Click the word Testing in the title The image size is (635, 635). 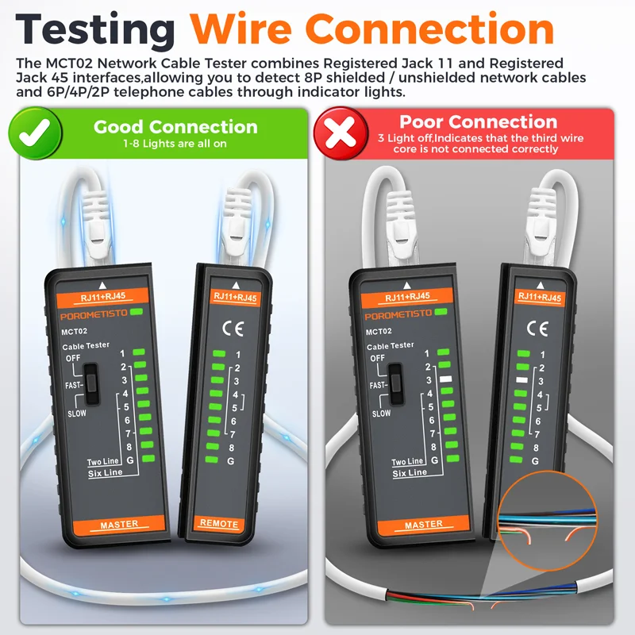tap(95, 30)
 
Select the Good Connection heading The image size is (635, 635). tap(175, 127)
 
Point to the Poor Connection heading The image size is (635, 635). tap(479, 121)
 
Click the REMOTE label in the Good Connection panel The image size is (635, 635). tap(219, 524)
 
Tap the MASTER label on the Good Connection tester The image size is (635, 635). tap(119, 524)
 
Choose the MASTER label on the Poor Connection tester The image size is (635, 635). tap(424, 524)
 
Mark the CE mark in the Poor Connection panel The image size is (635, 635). tap(537, 326)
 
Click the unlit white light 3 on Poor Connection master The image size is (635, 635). tap(445, 379)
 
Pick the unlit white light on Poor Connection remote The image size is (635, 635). tap(521, 381)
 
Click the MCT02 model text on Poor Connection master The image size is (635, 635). tap(379, 331)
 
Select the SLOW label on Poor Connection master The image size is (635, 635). tap(381, 413)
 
